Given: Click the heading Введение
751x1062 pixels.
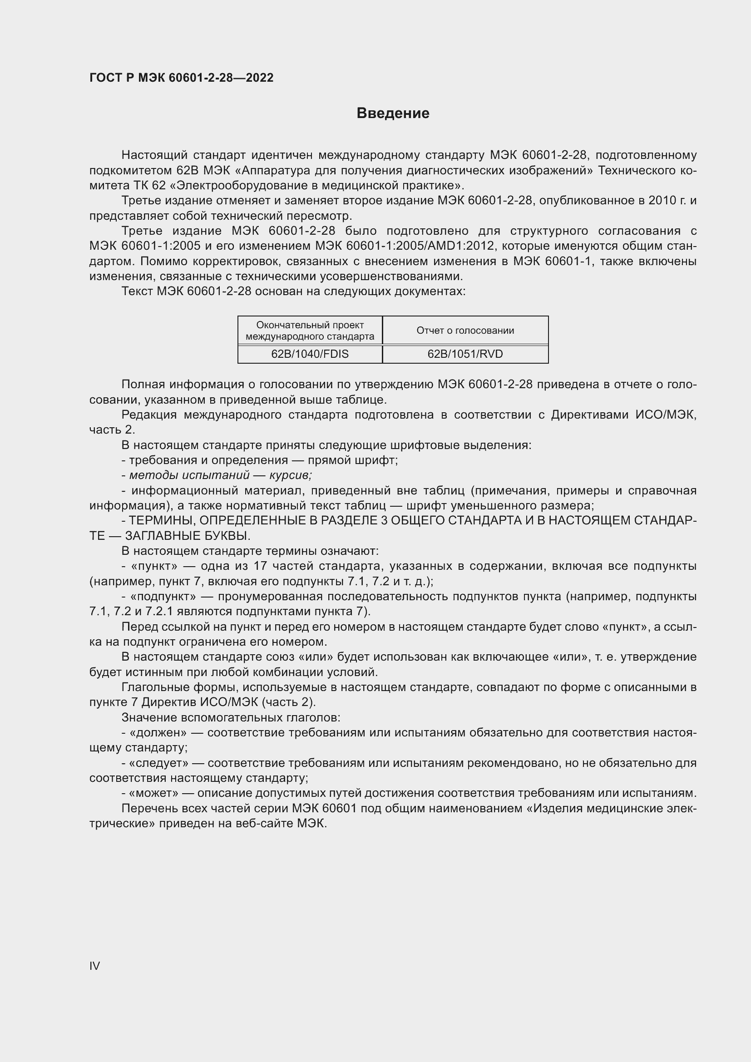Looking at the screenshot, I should (x=393, y=114).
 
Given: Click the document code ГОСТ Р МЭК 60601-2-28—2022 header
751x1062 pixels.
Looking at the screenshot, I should (x=181, y=78).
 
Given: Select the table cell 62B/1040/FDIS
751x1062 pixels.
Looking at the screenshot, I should (x=310, y=354).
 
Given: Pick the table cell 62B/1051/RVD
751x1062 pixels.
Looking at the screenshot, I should (x=465, y=354).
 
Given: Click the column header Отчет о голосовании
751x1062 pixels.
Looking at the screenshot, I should (x=465, y=330).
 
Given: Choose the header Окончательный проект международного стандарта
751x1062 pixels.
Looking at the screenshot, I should (x=310, y=330).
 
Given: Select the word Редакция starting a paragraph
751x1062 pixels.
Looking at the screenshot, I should (x=149, y=415).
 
